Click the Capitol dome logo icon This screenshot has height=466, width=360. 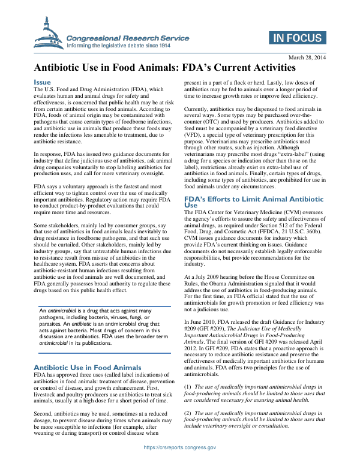click(50, 31)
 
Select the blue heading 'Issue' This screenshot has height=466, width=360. click(42, 82)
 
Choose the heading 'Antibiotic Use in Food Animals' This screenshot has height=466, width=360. click(88, 366)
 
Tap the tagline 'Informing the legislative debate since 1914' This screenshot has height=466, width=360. click(119, 45)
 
